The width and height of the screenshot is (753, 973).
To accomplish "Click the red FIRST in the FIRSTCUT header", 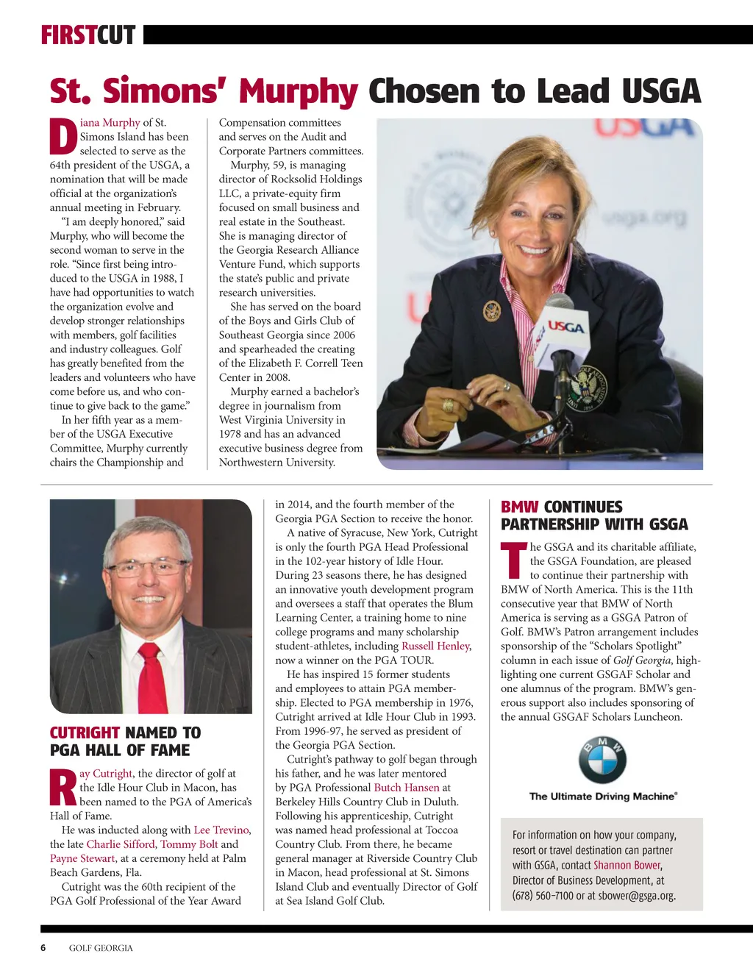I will pyautogui.click(x=68, y=35).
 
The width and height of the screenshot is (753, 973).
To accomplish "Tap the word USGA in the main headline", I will pyautogui.click(x=660, y=91).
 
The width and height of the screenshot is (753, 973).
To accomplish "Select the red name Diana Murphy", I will pyautogui.click(x=110, y=123).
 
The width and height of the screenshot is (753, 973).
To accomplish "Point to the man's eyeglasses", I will pyautogui.click(x=148, y=567).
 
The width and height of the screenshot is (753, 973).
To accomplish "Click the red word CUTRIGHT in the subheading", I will pyautogui.click(x=85, y=733).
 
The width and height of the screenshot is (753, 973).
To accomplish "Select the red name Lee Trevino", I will pyautogui.click(x=221, y=830).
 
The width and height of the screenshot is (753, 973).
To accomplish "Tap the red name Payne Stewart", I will pyautogui.click(x=82, y=858).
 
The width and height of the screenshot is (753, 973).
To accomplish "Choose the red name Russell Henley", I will pyautogui.click(x=435, y=646).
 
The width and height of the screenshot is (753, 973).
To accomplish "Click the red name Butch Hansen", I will pyautogui.click(x=406, y=787).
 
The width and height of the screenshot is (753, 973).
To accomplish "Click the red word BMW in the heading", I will pyautogui.click(x=519, y=507).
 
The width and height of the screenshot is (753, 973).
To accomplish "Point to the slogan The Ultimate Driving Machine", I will pyautogui.click(x=602, y=796).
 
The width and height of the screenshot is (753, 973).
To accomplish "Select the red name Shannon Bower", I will pyautogui.click(x=627, y=865).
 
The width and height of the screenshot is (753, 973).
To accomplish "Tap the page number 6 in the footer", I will pyautogui.click(x=43, y=948).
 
